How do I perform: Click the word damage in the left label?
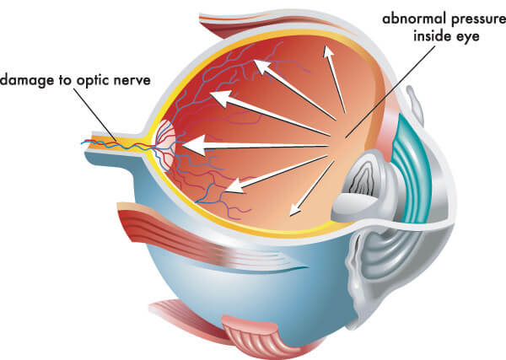pos(27,80)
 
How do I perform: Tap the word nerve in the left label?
pos(132,81)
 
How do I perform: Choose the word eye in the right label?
pos(466,37)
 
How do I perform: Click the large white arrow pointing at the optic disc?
pos(255,146)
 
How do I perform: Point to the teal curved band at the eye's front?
pos(412,168)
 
